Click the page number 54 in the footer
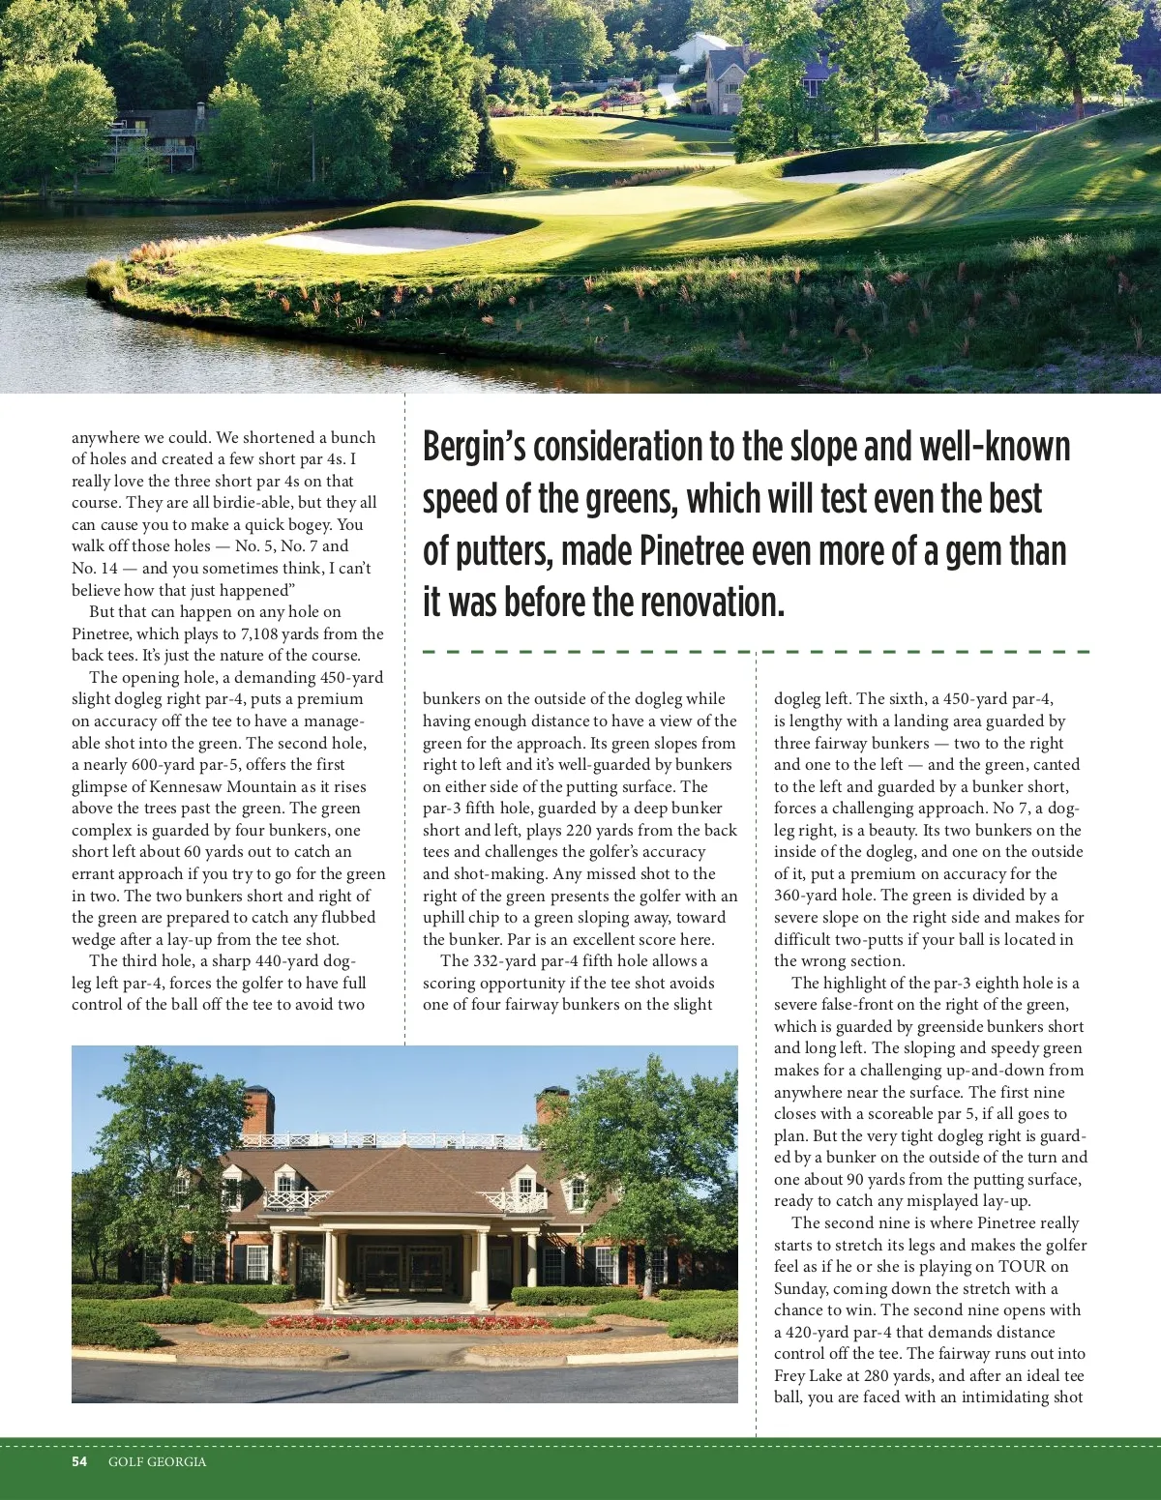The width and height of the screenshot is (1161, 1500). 79,1461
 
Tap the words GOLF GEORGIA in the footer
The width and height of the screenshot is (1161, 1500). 157,1461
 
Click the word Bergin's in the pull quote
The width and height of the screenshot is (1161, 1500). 474,447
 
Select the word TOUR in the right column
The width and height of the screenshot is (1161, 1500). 1022,1266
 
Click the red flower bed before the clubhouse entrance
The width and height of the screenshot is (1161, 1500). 406,1322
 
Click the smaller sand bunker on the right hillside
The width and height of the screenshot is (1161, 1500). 851,176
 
